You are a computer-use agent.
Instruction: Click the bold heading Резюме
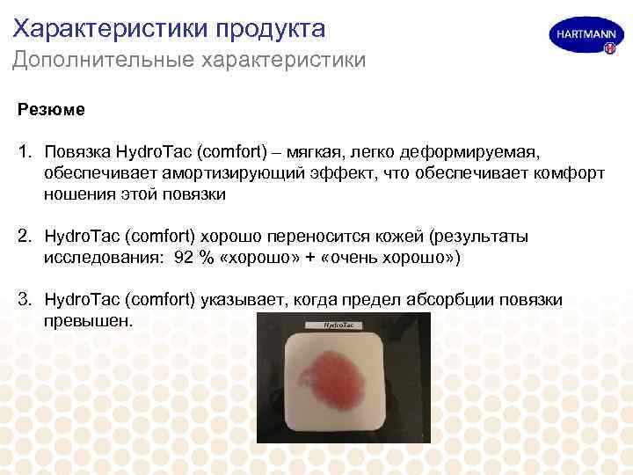click(x=51, y=110)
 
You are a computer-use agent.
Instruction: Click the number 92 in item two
click(x=185, y=258)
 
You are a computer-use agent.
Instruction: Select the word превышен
click(x=87, y=321)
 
